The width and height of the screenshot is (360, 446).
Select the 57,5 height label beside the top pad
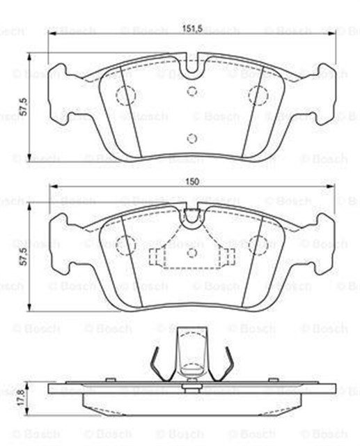coord(23,107)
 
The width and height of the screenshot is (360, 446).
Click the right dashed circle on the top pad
coord(259,95)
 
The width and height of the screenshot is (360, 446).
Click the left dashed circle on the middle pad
coord(125,245)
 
